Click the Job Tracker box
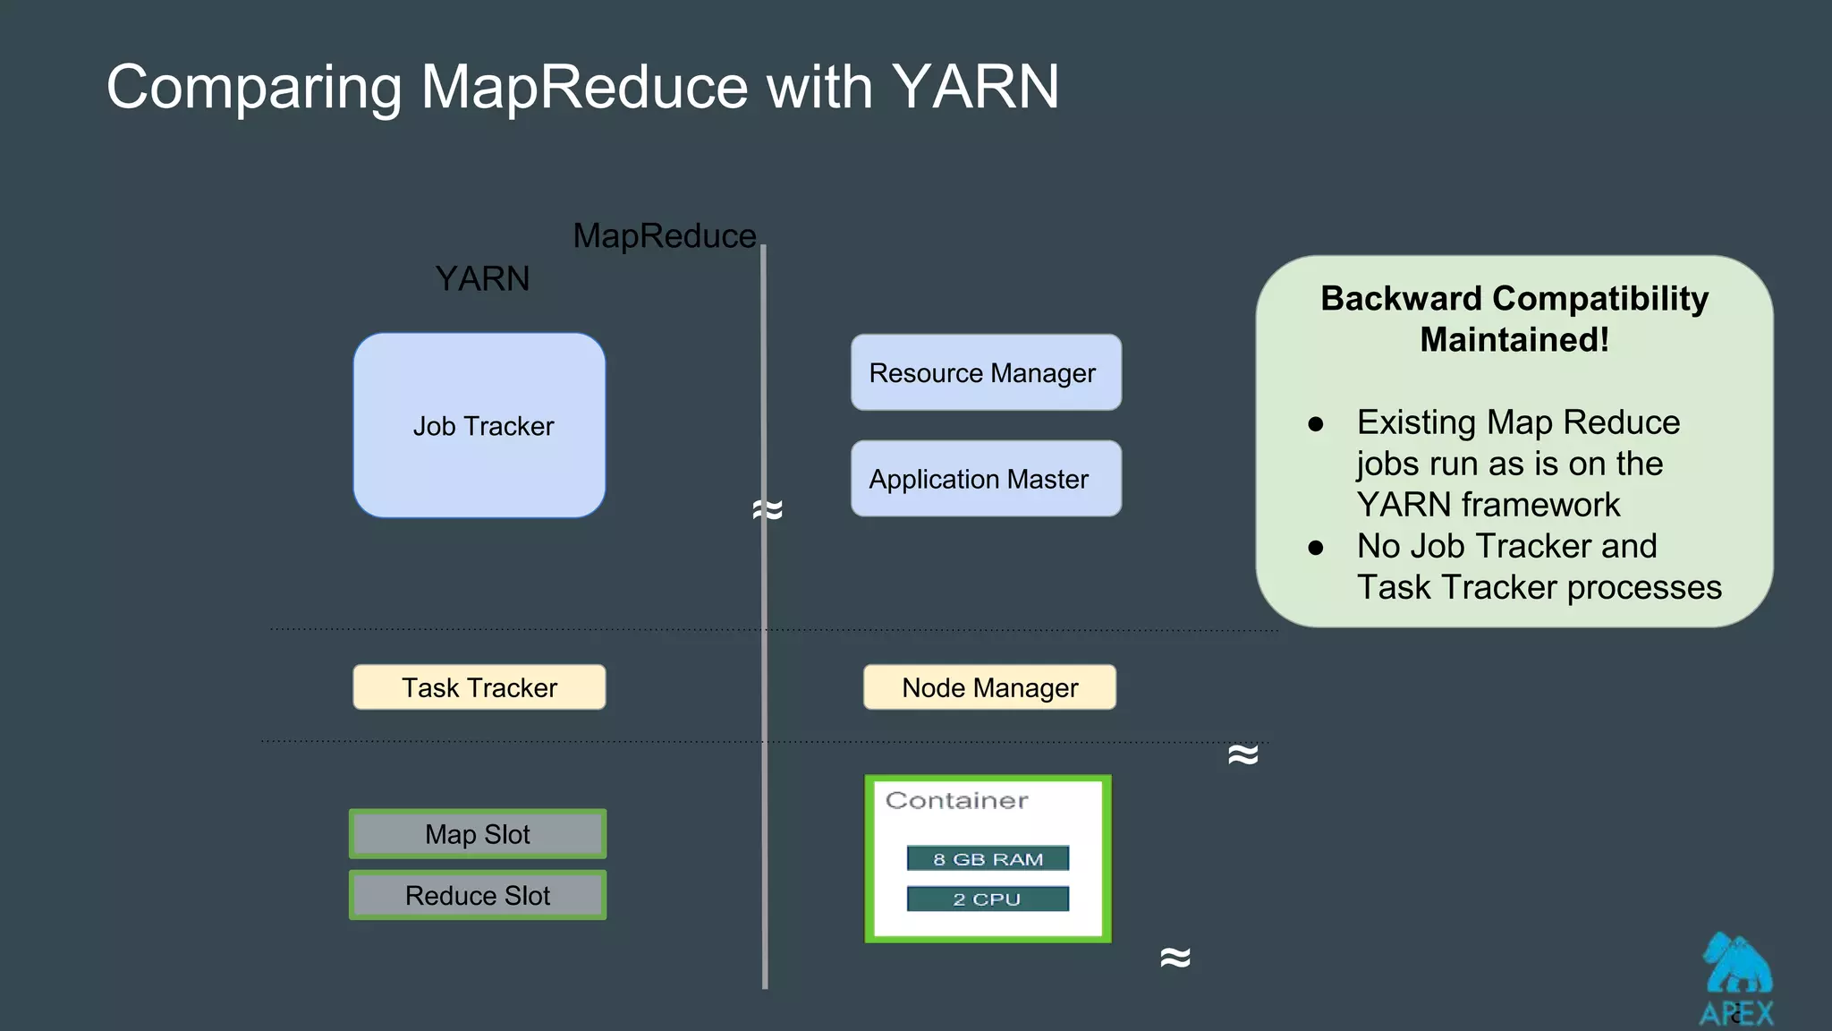[x=479, y=426]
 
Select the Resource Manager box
[x=986, y=373]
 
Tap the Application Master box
[x=986, y=479]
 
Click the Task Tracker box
[x=479, y=687]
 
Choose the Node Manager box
[x=989, y=687]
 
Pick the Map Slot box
[x=478, y=834]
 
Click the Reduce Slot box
[x=478, y=895]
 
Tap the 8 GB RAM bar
[x=988, y=859]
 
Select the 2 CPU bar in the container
[x=988, y=899]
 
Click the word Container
[x=956, y=800]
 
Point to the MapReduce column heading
[x=665, y=236]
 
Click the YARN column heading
[x=482, y=279]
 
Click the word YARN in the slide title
[x=975, y=87]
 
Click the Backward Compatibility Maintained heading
[x=1514, y=319]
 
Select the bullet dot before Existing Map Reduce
[x=1315, y=424]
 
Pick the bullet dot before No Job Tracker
[x=1315, y=548]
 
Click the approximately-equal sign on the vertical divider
[x=768, y=510]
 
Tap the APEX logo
[x=1736, y=980]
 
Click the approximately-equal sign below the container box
[x=1175, y=958]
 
